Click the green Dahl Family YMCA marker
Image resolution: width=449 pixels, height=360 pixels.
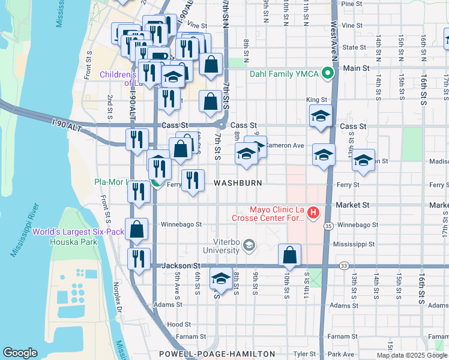[327, 74]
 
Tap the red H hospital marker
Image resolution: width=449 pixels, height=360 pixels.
[313, 212]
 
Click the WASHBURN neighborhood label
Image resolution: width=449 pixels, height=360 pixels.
[238, 182]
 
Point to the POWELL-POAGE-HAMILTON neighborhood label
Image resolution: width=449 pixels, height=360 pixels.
[217, 354]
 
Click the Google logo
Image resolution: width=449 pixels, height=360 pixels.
[20, 353]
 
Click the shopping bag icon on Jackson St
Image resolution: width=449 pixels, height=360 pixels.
[290, 254]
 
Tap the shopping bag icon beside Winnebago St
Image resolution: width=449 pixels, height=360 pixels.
[137, 229]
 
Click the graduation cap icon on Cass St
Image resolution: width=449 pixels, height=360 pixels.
[321, 115]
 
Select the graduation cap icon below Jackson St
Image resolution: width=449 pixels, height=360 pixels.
[220, 280]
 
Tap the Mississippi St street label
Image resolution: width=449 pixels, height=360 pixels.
[354, 245]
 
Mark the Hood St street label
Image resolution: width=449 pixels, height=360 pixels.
[179, 324]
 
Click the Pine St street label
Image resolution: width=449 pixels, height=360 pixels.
[349, 4]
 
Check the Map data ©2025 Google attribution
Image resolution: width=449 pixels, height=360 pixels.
[412, 355]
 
